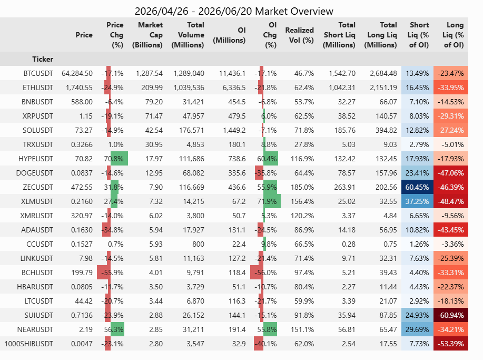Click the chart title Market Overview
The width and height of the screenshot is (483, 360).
pos(294,11)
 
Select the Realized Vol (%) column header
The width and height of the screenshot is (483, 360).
pos(299,35)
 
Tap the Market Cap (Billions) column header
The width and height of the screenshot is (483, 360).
pos(147,35)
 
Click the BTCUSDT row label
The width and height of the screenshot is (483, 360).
pos(38,73)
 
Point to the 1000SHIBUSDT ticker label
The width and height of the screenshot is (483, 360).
pos(28,344)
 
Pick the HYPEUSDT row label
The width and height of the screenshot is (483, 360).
pos(36,159)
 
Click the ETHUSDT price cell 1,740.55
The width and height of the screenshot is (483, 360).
pos(79,87)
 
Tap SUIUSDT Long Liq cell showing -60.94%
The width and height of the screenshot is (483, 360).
pos(451,315)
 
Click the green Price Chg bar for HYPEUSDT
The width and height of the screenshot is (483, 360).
pos(119,159)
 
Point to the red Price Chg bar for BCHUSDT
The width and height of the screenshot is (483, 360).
pos(104,273)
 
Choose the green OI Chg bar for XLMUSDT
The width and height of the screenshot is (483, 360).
pos(272,201)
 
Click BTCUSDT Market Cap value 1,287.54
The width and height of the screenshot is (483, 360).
pos(149,73)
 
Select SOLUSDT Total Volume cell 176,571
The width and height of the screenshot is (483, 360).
pos(191,130)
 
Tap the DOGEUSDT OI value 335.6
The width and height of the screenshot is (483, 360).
pos(237,173)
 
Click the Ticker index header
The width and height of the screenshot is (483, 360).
pos(43,59)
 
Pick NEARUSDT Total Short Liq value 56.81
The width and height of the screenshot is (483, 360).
pos(347,329)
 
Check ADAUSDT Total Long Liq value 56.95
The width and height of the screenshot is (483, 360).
pos(388,230)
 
